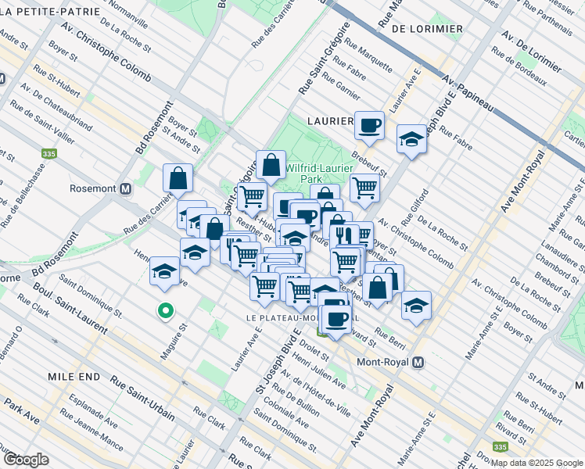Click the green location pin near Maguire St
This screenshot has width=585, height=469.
tap(165, 311)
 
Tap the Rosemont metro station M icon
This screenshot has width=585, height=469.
tap(125, 189)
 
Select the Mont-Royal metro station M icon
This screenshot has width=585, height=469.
tap(418, 363)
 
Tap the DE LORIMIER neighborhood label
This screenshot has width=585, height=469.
tap(426, 29)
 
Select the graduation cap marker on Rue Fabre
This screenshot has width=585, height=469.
tap(411, 138)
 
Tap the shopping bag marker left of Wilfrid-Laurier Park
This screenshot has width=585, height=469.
tap(271, 164)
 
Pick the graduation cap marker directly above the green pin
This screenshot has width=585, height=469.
tap(164, 270)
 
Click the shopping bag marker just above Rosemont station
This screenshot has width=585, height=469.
tap(178, 177)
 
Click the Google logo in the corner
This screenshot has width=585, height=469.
tap(26, 459)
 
